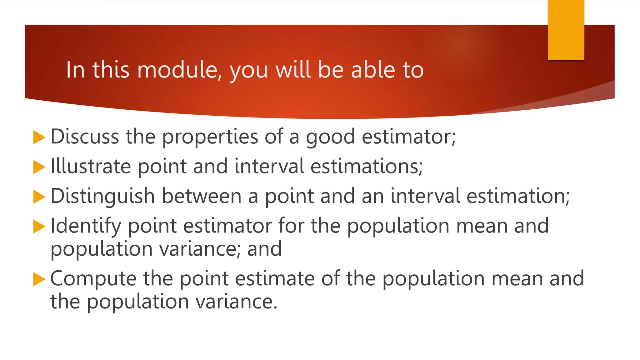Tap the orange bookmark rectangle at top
566,30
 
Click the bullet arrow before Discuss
39,137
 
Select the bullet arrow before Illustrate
39,167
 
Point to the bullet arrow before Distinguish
39,197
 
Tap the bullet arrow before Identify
39,227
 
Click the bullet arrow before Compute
39,279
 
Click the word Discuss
85,137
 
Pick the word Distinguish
102,196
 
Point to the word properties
210,137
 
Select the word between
202,196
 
